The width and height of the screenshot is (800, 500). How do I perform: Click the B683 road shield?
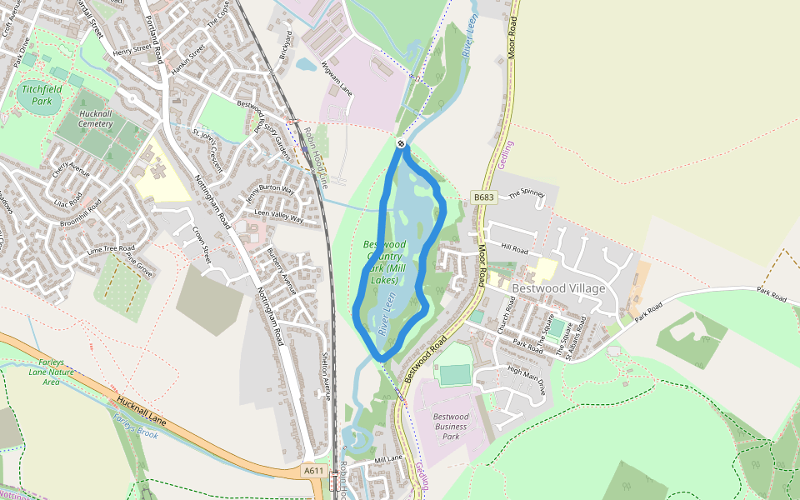tap(483, 197)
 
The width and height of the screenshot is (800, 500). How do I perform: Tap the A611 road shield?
tap(313, 471)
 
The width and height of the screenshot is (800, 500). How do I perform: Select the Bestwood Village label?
tap(558, 288)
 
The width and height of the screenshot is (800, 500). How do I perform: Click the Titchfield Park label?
tap(37, 95)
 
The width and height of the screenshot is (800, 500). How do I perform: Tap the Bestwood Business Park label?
tap(451, 426)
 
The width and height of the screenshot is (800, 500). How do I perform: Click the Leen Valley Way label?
tap(278, 216)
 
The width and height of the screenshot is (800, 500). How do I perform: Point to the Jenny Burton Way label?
tap(269, 196)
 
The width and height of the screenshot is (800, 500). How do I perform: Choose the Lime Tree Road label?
tap(110, 249)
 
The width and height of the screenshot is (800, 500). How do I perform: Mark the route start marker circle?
tap(401, 143)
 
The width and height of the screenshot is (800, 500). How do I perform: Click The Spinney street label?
tap(526, 194)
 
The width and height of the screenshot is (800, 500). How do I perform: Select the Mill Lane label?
tap(388, 459)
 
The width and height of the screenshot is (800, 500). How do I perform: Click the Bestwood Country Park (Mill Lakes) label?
tap(384, 262)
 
